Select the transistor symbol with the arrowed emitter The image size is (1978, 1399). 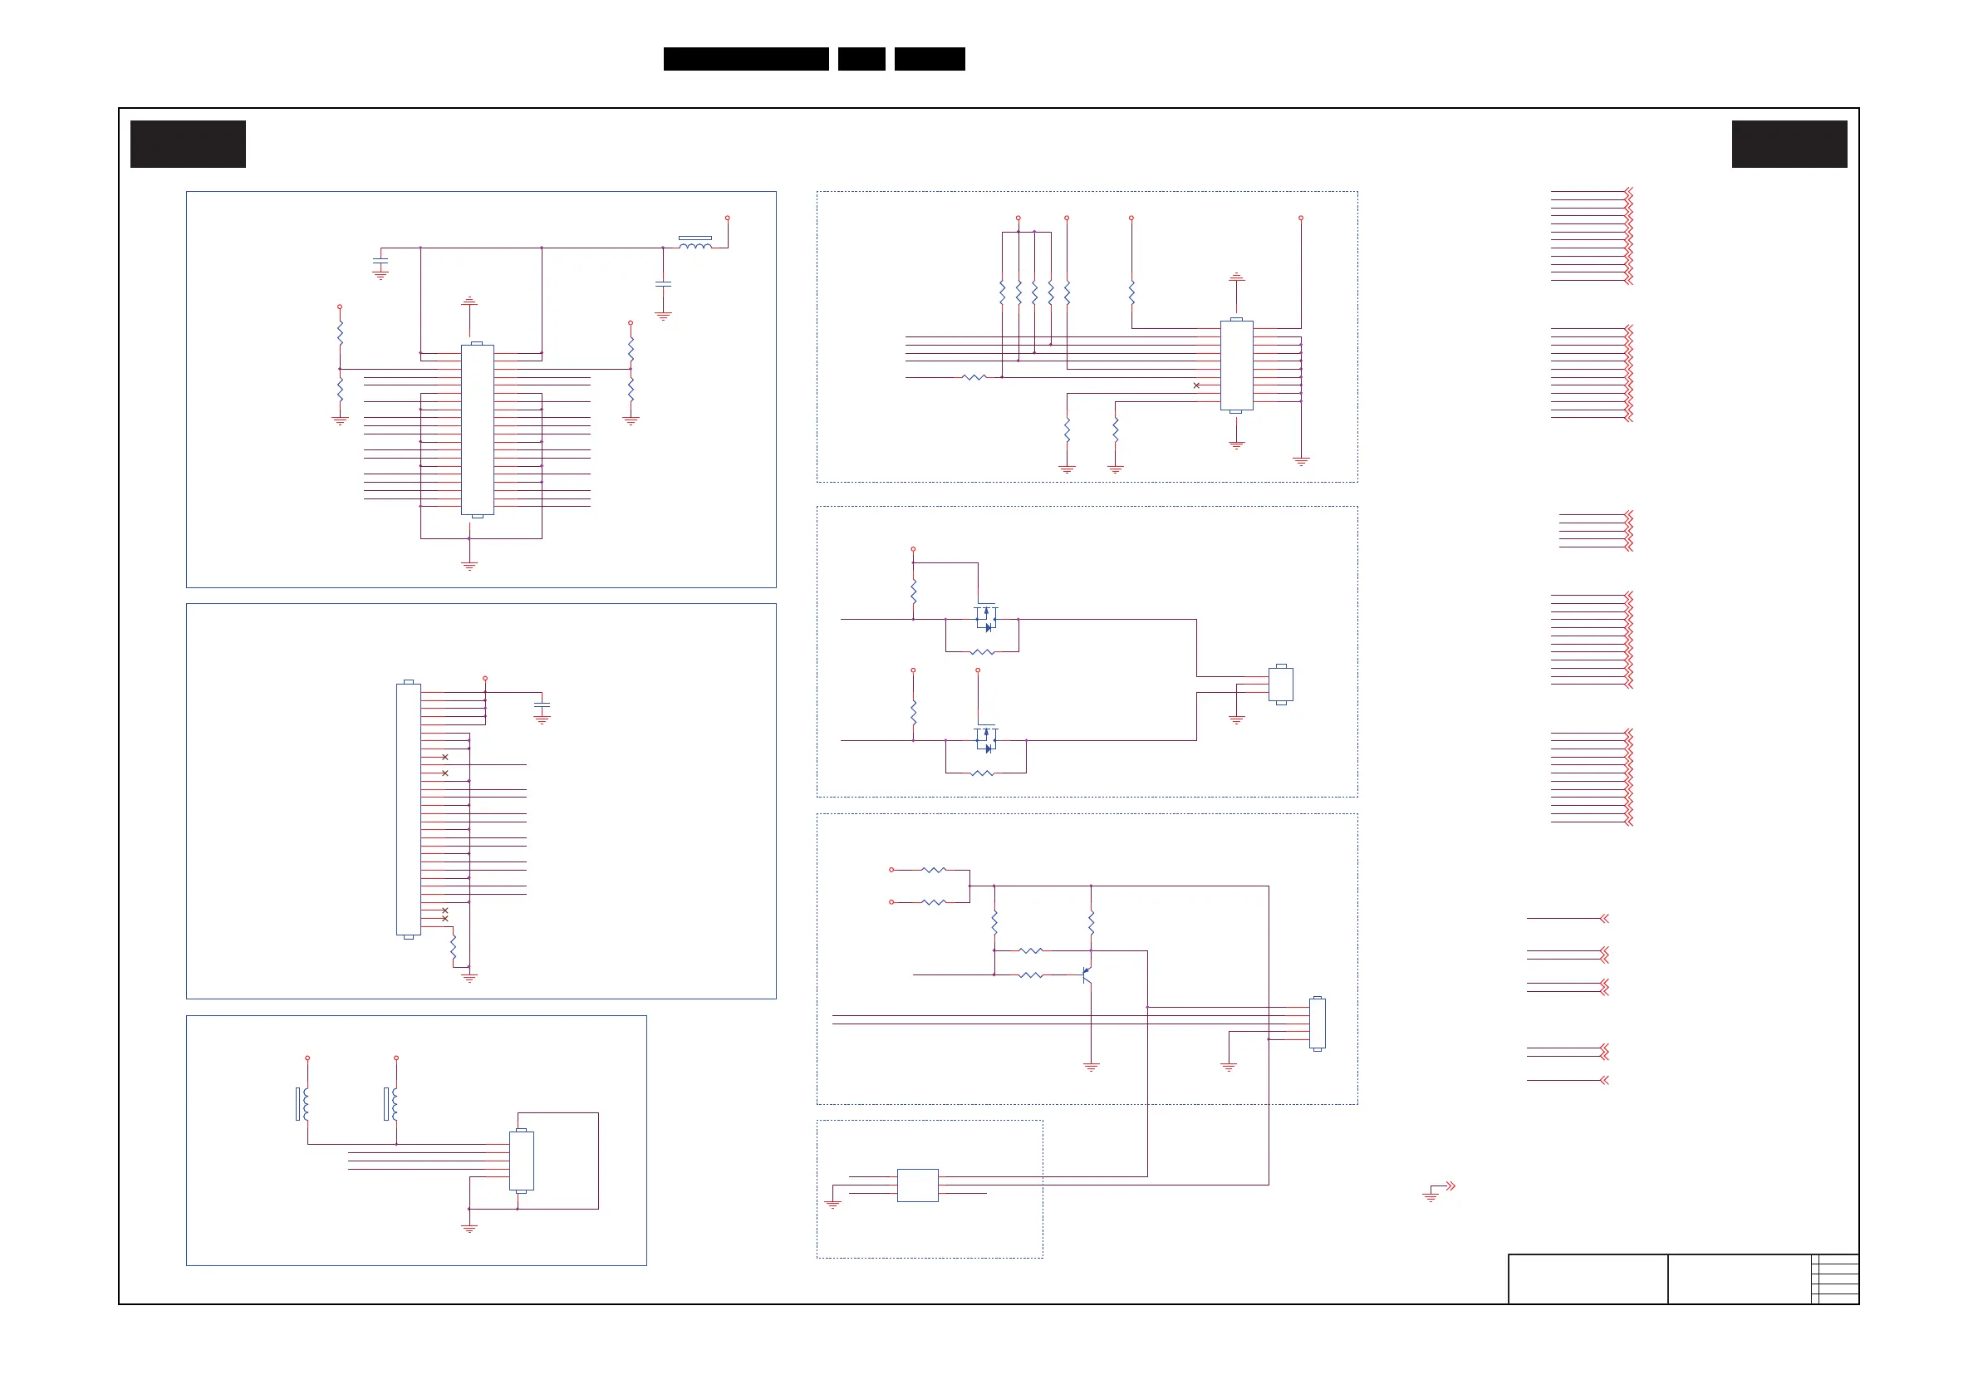pos(1087,974)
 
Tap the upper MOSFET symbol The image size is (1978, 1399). pos(986,617)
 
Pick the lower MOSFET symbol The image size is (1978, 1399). pos(986,739)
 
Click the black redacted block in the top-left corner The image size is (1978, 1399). pos(188,144)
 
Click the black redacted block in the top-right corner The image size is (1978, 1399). pos(1789,144)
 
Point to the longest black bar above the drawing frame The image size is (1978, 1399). pos(746,59)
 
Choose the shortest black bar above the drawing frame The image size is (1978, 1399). pos(861,59)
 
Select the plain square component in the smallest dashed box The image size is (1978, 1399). pos(917,1185)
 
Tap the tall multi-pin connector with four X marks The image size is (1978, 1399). pos(409,809)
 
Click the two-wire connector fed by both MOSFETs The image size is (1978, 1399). pos(1281,684)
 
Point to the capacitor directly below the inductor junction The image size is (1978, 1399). pos(662,282)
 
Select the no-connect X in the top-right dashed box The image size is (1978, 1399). pos(1195,385)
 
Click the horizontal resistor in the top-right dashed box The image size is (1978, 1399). pos(974,377)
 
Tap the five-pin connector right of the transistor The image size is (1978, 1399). pos(1318,1023)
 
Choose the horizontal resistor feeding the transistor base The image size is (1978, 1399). pos(1030,975)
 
